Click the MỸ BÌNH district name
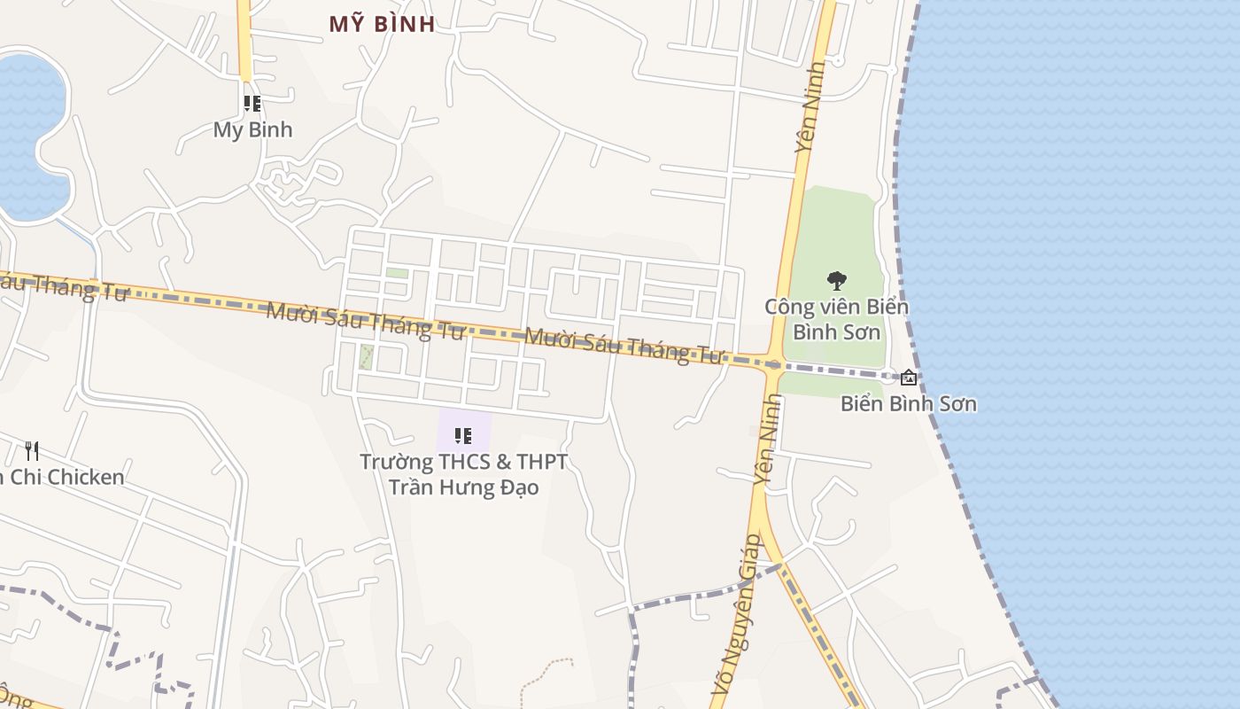click(x=382, y=24)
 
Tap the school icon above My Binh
click(x=252, y=104)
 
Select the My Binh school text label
click(x=252, y=129)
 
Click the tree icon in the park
click(x=836, y=281)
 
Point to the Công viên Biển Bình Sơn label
click(x=836, y=319)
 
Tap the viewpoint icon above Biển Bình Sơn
click(x=908, y=378)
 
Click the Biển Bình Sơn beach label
click(x=908, y=404)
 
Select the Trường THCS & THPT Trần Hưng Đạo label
click(x=463, y=474)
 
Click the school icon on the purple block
click(x=462, y=435)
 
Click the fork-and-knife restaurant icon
click(x=32, y=450)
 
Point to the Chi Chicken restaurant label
click(x=62, y=477)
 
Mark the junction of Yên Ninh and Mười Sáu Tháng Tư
click(x=773, y=363)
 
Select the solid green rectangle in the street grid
click(x=397, y=273)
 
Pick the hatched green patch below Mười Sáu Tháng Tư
click(x=366, y=357)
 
